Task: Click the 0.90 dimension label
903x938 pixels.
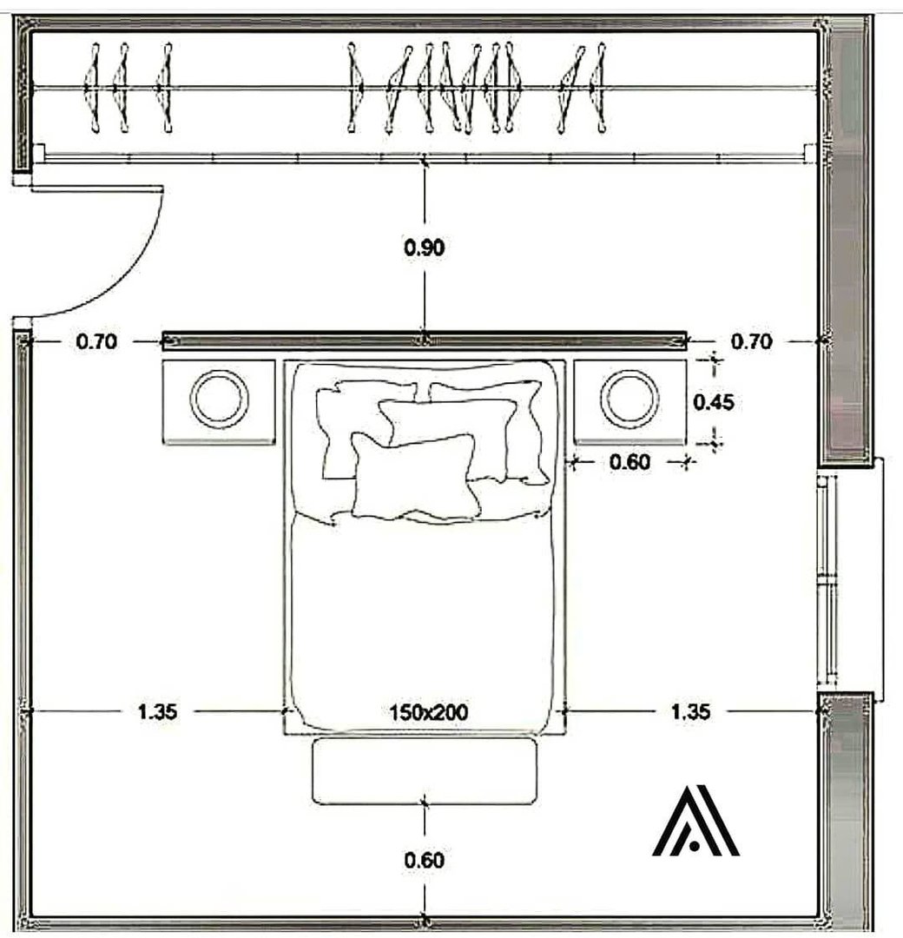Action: click(424, 247)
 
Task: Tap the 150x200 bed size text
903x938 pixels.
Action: click(428, 712)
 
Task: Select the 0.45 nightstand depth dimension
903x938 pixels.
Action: click(714, 402)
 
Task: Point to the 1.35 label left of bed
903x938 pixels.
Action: click(157, 712)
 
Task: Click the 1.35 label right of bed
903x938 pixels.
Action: click(690, 712)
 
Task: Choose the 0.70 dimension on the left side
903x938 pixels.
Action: click(96, 341)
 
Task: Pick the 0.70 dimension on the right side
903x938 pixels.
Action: click(752, 341)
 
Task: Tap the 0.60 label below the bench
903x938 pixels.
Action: click(424, 860)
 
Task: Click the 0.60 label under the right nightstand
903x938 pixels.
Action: click(629, 462)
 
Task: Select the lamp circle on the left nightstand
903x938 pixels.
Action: click(219, 371)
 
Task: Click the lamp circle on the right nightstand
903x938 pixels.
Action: click(629, 371)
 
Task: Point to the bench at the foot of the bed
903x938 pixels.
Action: click(425, 771)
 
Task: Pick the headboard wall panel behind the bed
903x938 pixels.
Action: click(425, 341)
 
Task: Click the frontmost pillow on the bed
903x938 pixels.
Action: click(416, 477)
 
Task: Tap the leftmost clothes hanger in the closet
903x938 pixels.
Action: click(93, 88)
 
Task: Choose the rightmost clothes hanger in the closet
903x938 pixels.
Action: click(598, 88)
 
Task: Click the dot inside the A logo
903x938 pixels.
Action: click(694, 845)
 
